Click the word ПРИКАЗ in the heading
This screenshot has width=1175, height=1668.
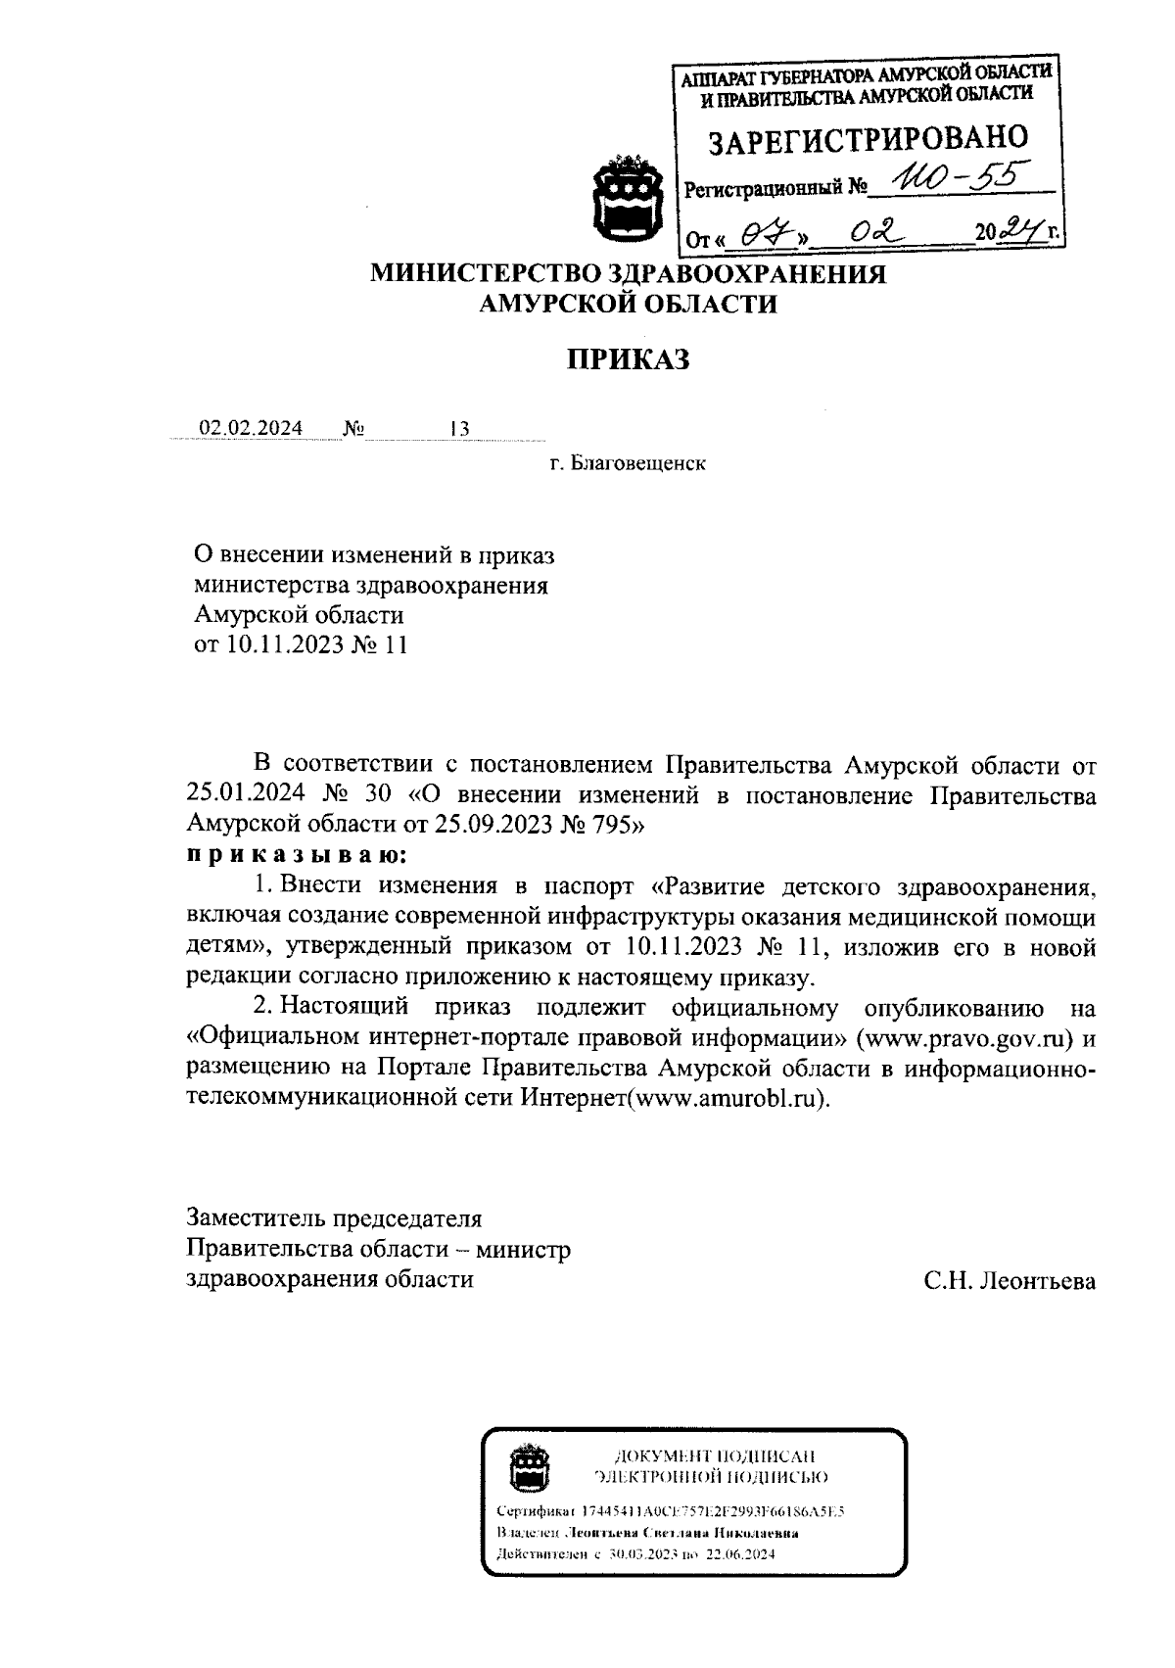628,360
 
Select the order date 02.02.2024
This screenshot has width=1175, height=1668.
252,428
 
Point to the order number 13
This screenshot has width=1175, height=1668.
459,429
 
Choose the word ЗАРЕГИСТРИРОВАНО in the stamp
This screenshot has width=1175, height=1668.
868,139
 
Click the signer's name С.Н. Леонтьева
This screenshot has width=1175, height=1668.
1010,1280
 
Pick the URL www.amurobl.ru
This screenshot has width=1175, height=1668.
728,1098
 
